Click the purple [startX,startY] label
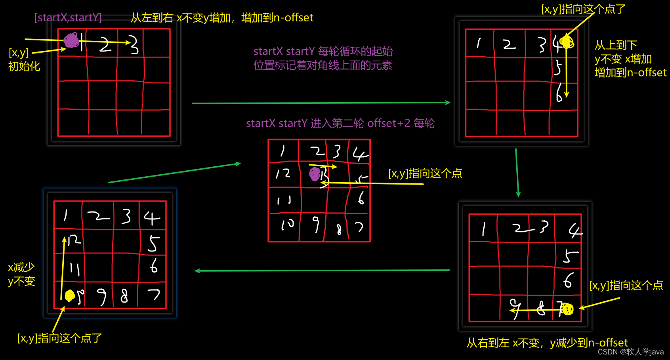68,18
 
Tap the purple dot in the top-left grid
71,40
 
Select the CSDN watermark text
630,352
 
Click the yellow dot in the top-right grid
567,42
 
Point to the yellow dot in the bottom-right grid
567,309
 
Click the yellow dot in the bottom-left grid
70,295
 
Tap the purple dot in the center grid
315,173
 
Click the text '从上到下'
616,45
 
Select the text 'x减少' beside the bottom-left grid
21,267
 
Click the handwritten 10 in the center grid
287,225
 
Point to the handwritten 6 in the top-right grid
559,94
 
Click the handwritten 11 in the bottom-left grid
74,269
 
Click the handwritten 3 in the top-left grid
134,44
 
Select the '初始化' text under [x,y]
24,66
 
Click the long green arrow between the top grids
321,103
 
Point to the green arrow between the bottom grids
322,270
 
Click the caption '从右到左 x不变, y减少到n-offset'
547,343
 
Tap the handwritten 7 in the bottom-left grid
153,294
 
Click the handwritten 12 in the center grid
283,173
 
